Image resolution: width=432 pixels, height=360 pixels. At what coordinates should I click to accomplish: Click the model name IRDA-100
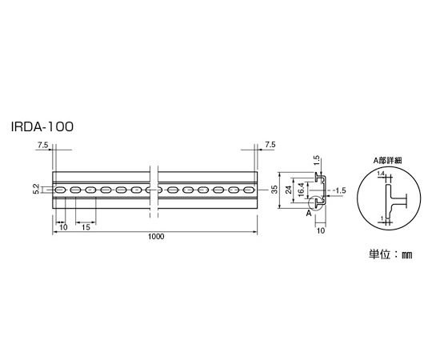point(42,127)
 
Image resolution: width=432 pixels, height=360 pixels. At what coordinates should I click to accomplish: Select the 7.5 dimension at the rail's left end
point(42,145)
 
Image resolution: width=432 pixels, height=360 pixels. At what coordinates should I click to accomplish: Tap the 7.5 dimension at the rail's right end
point(270,145)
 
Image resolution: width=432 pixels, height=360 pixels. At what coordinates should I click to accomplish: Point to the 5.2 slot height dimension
point(37,190)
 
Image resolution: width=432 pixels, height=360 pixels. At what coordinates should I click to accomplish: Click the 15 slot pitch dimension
point(86,227)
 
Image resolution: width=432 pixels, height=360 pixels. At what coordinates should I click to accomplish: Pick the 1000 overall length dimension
point(156,236)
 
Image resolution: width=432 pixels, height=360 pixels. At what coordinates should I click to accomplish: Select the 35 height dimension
point(274,190)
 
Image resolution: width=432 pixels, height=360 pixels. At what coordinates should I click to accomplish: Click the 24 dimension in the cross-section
point(289,190)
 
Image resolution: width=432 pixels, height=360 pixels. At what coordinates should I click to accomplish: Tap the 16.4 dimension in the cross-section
point(301,190)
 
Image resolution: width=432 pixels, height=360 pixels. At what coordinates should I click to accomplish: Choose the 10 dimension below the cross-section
point(321,231)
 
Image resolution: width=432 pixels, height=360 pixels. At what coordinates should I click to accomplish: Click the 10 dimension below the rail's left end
point(63,227)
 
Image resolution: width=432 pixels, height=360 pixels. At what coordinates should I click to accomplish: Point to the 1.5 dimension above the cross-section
point(317,161)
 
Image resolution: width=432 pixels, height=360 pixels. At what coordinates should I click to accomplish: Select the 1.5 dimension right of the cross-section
point(339,190)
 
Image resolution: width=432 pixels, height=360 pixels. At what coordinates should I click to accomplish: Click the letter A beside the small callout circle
point(309,213)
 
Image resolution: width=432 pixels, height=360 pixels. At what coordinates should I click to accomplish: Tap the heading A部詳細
point(388,161)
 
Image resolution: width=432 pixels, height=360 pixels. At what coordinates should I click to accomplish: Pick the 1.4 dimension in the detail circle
point(381,174)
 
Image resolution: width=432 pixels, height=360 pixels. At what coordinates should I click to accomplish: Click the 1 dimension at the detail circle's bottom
point(382,218)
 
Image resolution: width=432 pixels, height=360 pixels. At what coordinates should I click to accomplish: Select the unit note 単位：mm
point(390,254)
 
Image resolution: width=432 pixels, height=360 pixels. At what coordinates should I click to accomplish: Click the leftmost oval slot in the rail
point(60,190)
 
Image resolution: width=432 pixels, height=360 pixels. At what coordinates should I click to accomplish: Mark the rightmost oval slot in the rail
point(249,190)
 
